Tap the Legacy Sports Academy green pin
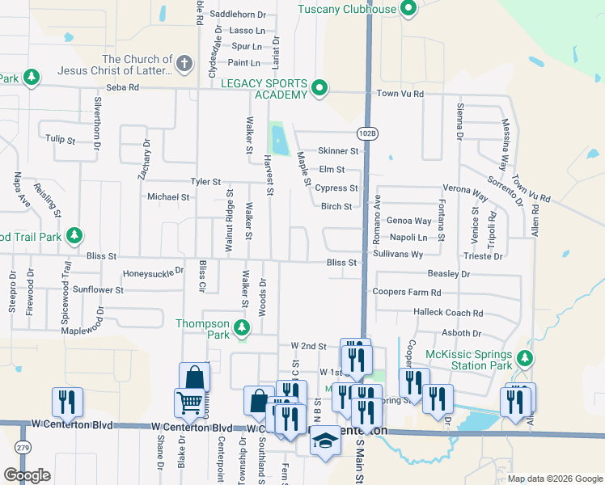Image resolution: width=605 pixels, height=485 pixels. click(319, 88)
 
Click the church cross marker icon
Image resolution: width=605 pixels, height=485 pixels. click(185, 64)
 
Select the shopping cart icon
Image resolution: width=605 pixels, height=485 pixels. click(189, 402)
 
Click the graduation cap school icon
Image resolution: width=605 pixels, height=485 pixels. click(325, 441)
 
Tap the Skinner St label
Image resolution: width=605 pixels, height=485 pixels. click(338, 150)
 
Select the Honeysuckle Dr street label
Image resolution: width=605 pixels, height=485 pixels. click(153, 273)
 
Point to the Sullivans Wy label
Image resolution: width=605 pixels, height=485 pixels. click(398, 254)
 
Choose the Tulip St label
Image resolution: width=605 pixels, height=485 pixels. click(61, 139)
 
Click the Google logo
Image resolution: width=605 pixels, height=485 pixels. click(27, 475)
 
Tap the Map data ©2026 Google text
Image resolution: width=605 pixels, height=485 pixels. click(554, 479)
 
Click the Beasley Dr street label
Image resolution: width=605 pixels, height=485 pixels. click(449, 275)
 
